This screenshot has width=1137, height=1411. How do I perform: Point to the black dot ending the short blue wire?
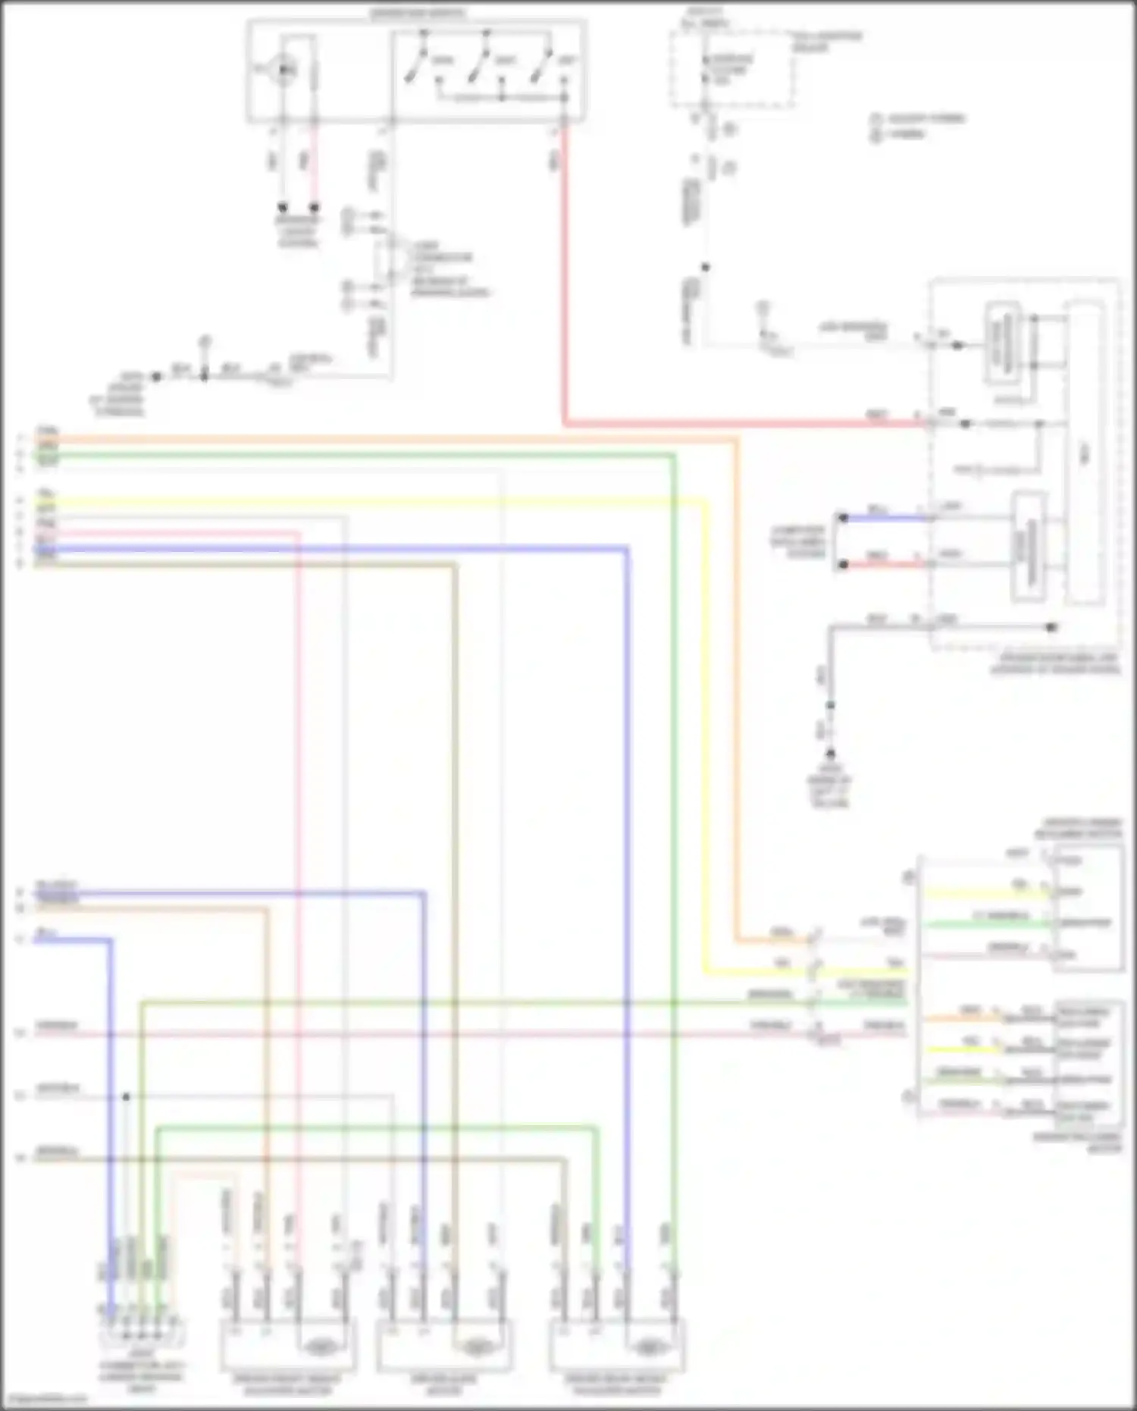(842, 519)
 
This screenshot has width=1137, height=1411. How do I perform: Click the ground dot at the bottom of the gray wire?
(831, 754)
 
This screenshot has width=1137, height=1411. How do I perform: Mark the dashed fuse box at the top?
(731, 69)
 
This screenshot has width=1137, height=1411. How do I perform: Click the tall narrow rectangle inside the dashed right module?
(1085, 453)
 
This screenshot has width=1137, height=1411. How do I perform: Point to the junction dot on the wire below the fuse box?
(705, 267)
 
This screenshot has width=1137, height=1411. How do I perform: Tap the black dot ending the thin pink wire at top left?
(314, 207)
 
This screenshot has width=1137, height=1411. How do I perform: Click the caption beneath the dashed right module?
(1055, 665)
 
